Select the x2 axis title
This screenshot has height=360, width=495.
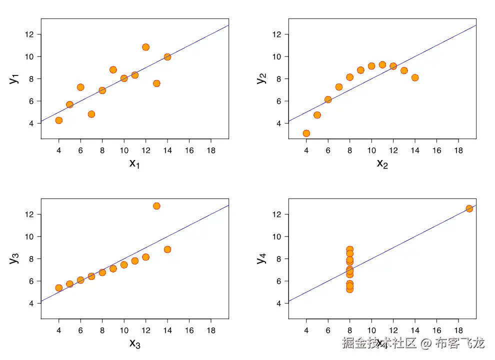tap(382, 163)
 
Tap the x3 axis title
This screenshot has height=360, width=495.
tap(134, 343)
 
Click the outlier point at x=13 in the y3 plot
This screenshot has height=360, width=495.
tap(156, 206)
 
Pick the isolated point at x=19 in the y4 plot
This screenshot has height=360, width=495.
tap(469, 208)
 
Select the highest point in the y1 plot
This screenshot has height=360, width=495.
tap(145, 47)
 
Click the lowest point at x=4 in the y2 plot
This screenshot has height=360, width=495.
tap(306, 133)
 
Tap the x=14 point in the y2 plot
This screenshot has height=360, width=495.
tap(414, 77)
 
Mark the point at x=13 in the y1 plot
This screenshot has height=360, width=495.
tap(156, 83)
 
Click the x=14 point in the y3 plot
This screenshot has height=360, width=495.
tap(167, 249)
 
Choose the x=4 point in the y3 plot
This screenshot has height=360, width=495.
tap(58, 287)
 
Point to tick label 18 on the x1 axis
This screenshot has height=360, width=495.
tap(211, 149)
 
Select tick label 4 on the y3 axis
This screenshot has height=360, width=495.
tap(31, 303)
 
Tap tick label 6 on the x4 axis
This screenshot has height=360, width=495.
tap(328, 329)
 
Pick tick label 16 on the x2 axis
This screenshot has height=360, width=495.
tap(436, 149)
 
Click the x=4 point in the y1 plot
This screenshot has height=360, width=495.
tap(58, 120)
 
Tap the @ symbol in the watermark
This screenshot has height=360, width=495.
tap(425, 343)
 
